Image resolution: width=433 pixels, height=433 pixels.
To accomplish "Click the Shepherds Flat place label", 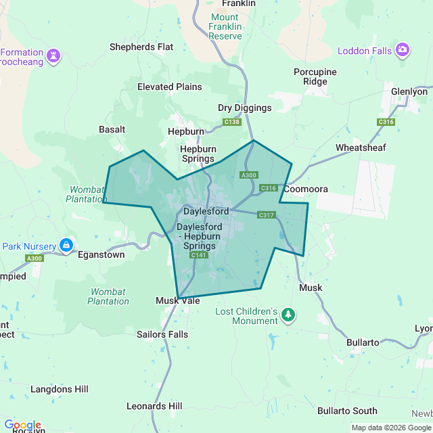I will pos(142,47).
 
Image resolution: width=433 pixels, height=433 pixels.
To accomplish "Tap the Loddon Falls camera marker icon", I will pos(403,49).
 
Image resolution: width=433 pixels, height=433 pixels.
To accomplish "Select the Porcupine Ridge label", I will pos(311,76).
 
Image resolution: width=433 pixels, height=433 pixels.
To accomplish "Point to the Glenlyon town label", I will pos(409,91).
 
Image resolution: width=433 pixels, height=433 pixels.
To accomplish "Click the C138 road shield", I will pos(232,122).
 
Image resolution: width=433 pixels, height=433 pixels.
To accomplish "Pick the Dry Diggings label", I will pos(244,108).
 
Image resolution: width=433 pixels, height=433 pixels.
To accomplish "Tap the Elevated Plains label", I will pos(169,87).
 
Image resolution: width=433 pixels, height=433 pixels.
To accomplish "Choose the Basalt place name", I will pos(112,129).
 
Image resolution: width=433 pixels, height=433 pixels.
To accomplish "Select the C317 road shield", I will pos(267,214).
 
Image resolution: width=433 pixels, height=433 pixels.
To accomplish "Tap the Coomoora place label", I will pos(306,189).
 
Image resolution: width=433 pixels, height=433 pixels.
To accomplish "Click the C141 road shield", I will pos(198,255).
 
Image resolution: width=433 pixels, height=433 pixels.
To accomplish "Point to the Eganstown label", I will pos(101,255).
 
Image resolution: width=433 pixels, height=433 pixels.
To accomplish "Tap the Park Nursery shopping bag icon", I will pos(66,245).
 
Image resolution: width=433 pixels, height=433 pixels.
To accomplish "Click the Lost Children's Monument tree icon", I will pos(289,314).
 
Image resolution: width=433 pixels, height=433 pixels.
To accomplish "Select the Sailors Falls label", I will pos(162,334).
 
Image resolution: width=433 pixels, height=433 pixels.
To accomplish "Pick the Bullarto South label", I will pos(347,411).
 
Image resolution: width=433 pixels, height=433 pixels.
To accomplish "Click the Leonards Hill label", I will pos(154,406).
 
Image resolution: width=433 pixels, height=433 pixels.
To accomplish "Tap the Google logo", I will pos(23,425).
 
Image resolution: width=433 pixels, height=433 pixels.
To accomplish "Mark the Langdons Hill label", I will pos(60,389).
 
